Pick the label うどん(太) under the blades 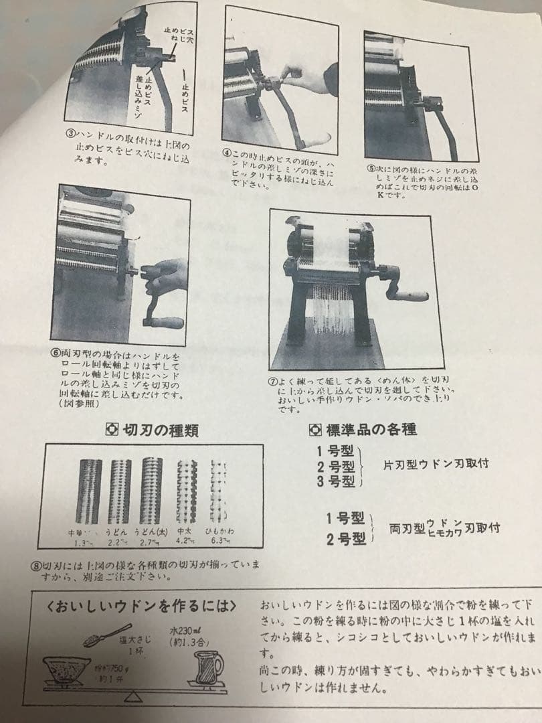click(151, 532)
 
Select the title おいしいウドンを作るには click(143, 607)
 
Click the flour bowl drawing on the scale click(67, 669)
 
